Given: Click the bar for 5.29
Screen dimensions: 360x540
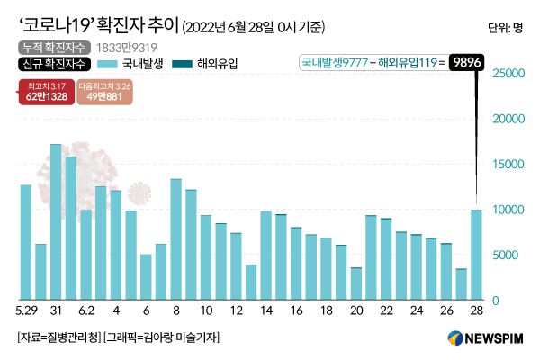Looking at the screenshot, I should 26,242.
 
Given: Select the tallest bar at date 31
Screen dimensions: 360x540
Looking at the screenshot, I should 56,221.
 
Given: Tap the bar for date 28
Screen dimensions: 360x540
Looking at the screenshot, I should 475,255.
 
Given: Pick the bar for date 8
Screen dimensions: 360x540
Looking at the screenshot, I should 176,239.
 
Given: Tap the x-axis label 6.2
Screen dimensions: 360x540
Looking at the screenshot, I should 85,310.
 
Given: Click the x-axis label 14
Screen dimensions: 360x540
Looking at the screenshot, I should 265,310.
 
